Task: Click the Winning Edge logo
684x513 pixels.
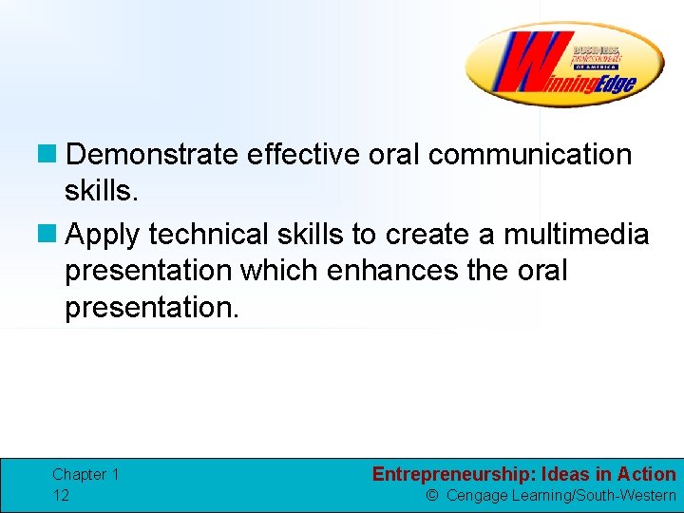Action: (x=564, y=65)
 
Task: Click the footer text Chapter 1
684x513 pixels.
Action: (x=85, y=474)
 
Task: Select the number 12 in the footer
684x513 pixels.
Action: (x=61, y=495)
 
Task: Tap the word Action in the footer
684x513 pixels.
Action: (x=645, y=474)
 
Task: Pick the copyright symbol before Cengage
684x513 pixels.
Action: (x=432, y=495)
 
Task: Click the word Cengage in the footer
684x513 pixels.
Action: (x=477, y=495)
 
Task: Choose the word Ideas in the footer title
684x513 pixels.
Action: (x=568, y=474)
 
